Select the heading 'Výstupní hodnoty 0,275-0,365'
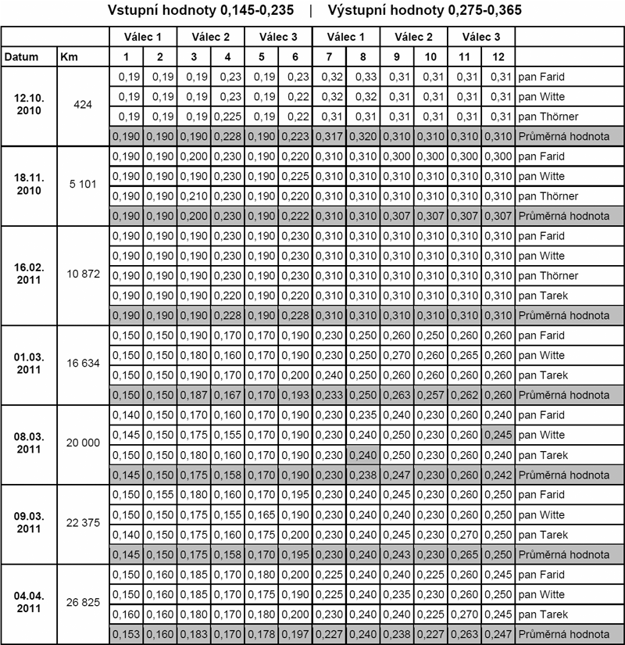tap(426, 11)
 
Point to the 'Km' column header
tap(68, 57)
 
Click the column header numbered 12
tap(498, 57)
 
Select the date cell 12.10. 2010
tap(29, 106)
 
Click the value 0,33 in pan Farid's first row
tap(363, 77)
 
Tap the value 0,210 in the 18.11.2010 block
tap(195, 196)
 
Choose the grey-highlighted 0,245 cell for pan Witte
tap(498, 435)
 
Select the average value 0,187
tap(195, 395)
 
